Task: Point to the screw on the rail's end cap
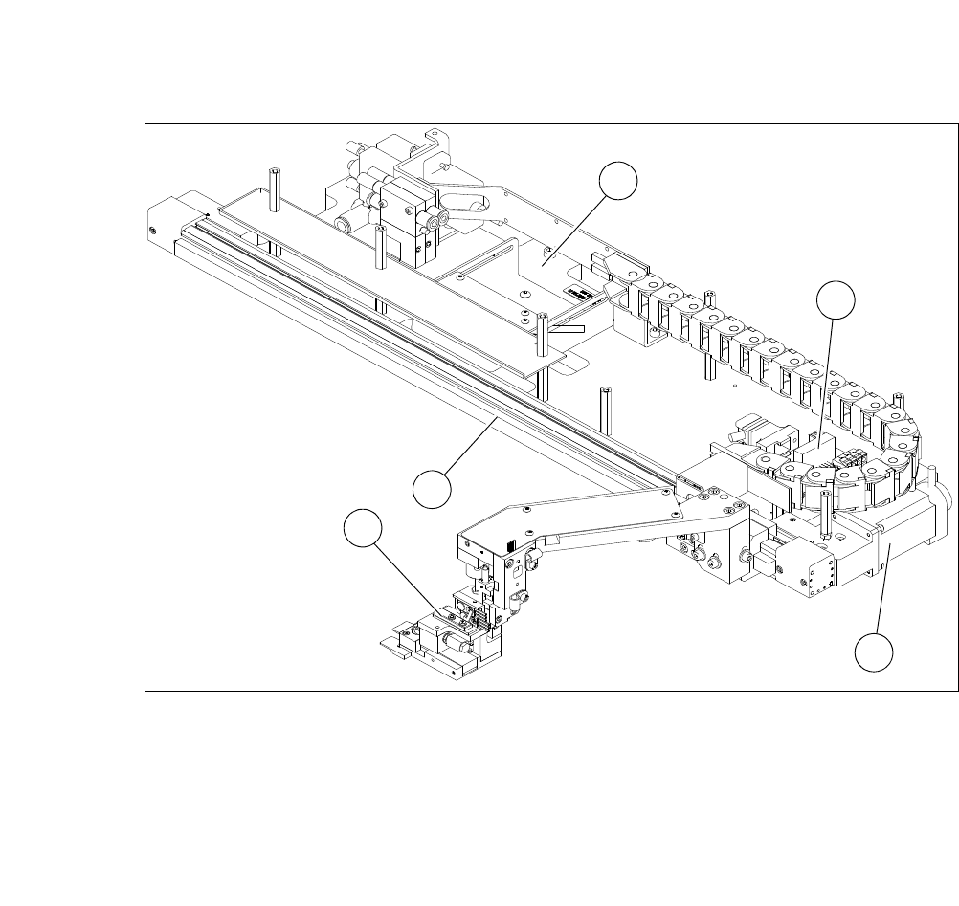tap(153, 230)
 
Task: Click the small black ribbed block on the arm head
tap(509, 547)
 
